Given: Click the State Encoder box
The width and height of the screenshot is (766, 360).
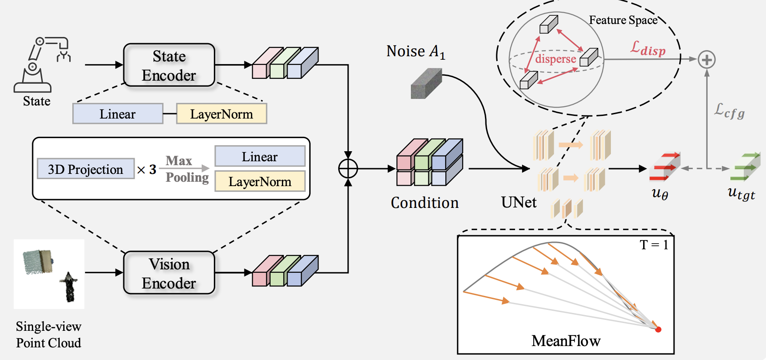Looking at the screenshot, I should (x=169, y=65).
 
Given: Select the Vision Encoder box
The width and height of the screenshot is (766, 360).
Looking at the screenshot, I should (x=169, y=273).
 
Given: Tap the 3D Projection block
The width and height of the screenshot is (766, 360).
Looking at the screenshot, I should (x=85, y=169).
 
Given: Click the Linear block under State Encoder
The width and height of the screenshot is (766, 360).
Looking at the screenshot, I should (x=118, y=114).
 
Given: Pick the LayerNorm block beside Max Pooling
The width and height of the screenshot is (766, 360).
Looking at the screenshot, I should (x=260, y=181).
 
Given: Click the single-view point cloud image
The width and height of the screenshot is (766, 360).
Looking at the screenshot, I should (x=49, y=274).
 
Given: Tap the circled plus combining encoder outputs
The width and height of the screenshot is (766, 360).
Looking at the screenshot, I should (x=348, y=169).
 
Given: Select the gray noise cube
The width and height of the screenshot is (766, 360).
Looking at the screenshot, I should (x=426, y=83).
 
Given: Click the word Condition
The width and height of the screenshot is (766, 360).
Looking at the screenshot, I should (x=424, y=203).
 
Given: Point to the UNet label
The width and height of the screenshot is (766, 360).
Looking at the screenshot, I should (x=519, y=202).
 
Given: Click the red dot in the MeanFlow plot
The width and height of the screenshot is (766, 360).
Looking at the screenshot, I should (x=658, y=329).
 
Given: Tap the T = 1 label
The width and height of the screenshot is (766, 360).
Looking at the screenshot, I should (x=654, y=245).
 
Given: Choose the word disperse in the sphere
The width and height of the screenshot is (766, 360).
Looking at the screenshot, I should (x=556, y=59).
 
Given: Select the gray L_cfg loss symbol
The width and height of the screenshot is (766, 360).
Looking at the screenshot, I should (x=729, y=111).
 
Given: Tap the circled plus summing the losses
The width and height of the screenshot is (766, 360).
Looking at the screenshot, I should (x=706, y=59).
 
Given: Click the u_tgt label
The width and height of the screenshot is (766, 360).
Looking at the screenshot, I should (x=741, y=193).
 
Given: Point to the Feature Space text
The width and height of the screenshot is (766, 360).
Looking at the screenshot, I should (x=623, y=20).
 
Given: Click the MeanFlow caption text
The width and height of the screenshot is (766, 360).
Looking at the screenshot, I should (x=566, y=341).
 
